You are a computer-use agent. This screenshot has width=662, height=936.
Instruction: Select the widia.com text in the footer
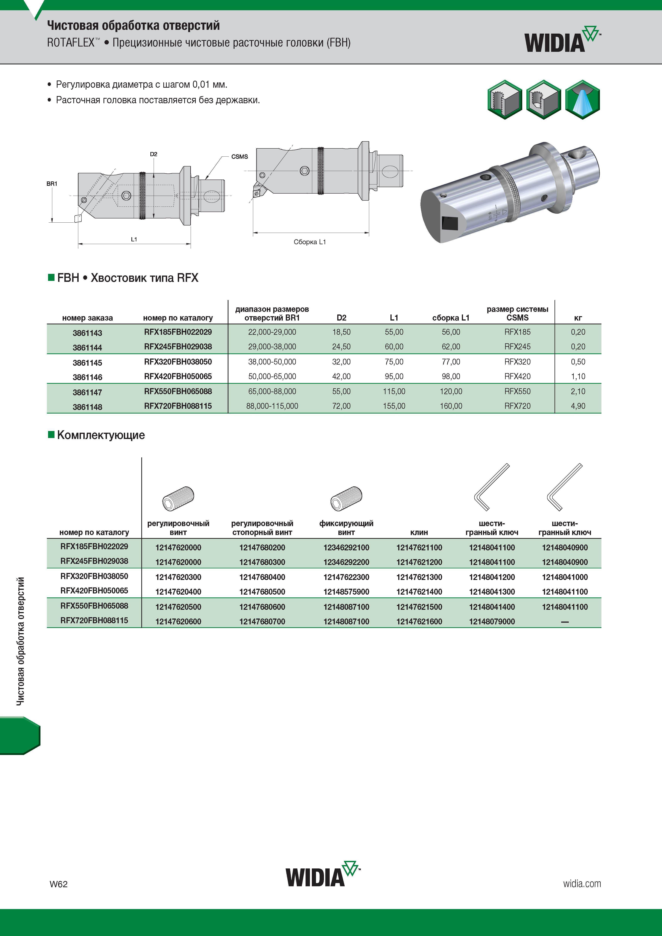582,883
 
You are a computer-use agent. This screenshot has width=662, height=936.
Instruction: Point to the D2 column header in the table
341,318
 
